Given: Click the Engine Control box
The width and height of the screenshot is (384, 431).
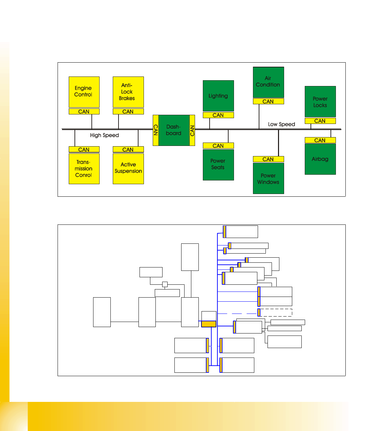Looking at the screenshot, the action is (84, 92).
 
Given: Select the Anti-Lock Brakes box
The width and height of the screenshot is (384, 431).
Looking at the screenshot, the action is (128, 92).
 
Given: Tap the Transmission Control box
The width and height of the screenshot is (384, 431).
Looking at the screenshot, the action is (84, 169).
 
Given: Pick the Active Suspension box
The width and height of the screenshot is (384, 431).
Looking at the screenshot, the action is (128, 169).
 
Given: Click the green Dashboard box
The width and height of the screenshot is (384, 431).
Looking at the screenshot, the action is (174, 130).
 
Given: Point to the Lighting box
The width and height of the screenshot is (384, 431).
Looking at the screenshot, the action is (218, 96).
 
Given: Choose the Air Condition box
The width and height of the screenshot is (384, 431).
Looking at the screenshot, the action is (268, 82).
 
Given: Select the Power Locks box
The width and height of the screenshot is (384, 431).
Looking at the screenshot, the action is (320, 102).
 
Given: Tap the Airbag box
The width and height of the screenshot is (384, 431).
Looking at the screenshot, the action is (320, 159).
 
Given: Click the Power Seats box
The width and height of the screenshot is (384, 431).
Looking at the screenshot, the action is (218, 165).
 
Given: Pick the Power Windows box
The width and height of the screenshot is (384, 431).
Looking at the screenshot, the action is (268, 178).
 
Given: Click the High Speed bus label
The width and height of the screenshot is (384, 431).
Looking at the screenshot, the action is (104, 135).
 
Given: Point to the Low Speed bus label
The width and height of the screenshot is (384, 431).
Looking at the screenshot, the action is (281, 124).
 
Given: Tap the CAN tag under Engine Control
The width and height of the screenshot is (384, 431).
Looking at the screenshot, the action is (84, 111).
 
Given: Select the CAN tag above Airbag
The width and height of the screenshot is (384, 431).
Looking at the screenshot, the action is (320, 140).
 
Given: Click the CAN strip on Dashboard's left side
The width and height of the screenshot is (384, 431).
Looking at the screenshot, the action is (156, 130).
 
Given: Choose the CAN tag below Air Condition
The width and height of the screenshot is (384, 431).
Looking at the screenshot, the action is (268, 101).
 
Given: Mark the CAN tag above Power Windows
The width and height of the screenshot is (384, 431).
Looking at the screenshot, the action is (268, 159).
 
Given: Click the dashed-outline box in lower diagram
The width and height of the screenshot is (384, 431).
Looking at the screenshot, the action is (276, 313).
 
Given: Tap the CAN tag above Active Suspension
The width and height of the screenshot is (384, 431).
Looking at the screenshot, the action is (128, 149).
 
